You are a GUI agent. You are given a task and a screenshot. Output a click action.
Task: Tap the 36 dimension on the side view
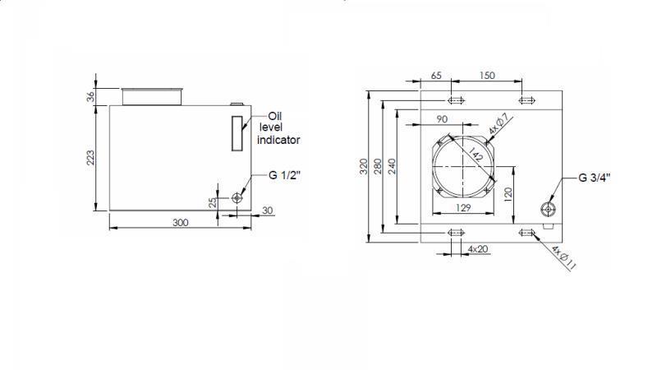tap(92, 95)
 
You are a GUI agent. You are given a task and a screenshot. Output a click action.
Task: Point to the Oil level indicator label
tap(278, 128)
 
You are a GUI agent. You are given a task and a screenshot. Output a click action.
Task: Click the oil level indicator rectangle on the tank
tap(237, 133)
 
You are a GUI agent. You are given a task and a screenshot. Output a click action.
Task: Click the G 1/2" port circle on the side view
tap(237, 197)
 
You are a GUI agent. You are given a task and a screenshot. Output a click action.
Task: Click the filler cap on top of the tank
tap(151, 96)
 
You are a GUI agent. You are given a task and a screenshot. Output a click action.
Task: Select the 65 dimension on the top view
tap(436, 76)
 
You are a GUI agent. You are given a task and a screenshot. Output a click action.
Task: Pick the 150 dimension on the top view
tap(487, 76)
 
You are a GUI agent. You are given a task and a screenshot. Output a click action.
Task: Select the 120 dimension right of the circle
tap(508, 193)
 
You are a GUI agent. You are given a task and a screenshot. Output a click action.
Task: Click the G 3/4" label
tap(594, 178)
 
